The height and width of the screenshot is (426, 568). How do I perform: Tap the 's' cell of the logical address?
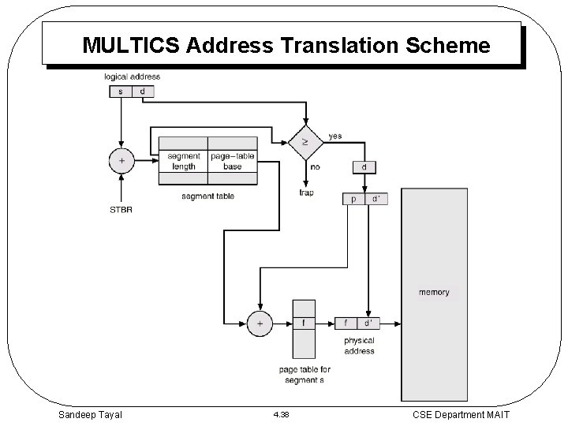click(x=120, y=92)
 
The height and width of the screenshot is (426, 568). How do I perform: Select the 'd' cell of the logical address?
click(x=142, y=92)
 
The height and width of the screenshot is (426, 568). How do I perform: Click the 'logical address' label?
click(x=132, y=77)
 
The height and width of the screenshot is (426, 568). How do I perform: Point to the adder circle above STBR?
click(x=121, y=160)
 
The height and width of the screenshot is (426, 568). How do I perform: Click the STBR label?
click(x=121, y=210)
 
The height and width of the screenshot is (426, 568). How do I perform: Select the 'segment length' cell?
click(x=183, y=161)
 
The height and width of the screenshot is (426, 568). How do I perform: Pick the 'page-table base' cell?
click(x=232, y=161)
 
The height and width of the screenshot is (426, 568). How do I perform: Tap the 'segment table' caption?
click(x=207, y=196)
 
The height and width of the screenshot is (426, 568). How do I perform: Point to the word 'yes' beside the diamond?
click(x=334, y=136)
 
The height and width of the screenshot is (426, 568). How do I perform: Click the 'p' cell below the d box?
click(x=353, y=200)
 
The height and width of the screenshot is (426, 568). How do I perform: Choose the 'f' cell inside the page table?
click(x=304, y=323)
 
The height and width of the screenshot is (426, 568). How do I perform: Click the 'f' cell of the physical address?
click(x=346, y=323)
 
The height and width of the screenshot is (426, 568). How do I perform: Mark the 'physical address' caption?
click(x=359, y=346)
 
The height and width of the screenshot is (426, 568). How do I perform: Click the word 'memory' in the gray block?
click(x=434, y=292)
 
